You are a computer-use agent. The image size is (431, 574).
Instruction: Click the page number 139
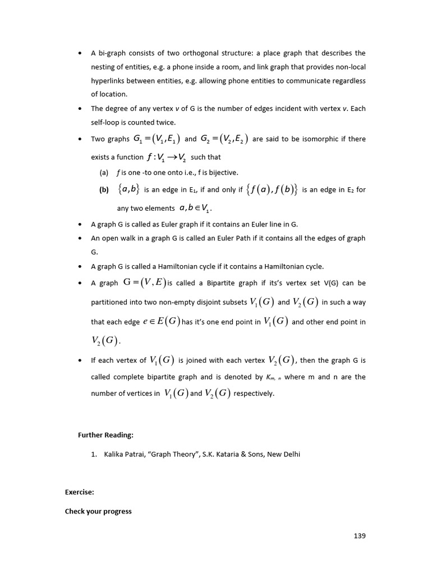click(x=359, y=536)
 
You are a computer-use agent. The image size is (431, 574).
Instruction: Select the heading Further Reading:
click(x=106, y=435)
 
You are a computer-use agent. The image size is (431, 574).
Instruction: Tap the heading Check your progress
click(x=98, y=511)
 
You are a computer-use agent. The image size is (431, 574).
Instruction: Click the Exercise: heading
click(x=79, y=492)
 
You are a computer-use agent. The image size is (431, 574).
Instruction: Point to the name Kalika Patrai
click(x=123, y=455)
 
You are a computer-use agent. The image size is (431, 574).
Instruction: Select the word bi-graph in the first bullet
click(x=111, y=53)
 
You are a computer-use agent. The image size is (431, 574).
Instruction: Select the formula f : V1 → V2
click(x=166, y=158)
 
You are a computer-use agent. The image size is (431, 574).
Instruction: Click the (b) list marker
click(x=104, y=190)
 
